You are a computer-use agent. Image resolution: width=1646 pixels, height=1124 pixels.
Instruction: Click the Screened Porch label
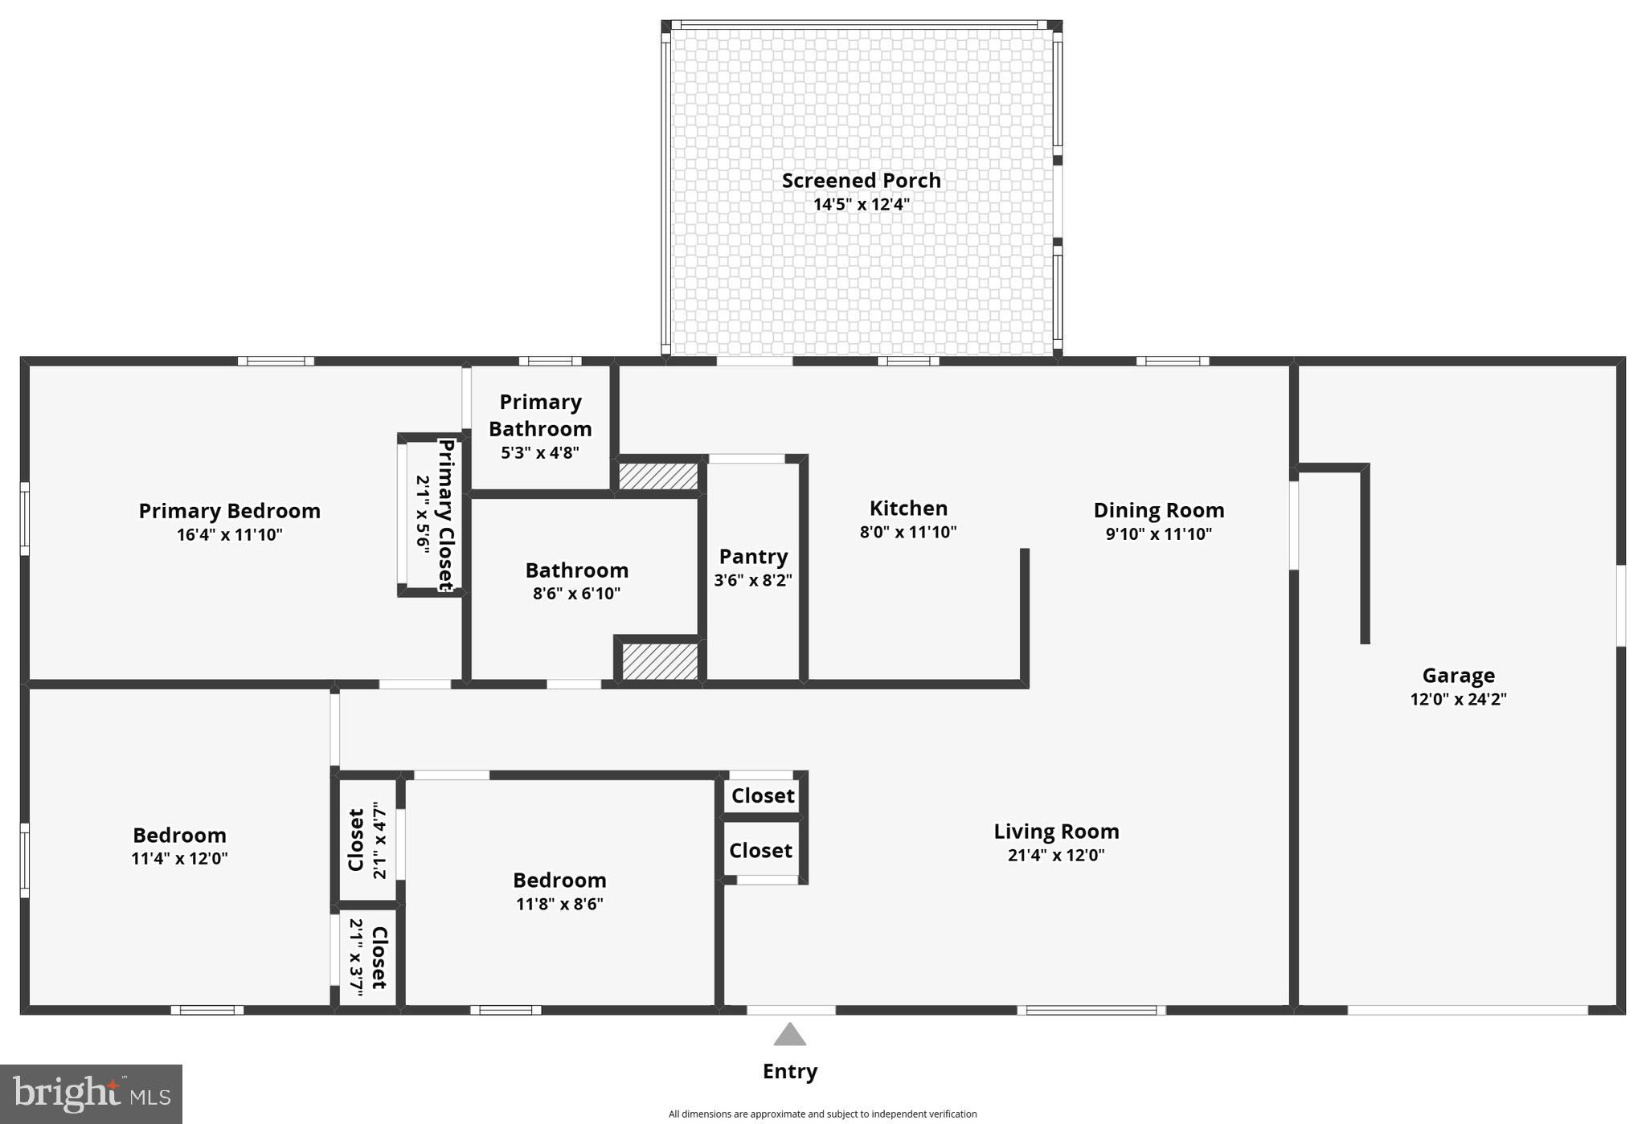coord(861,181)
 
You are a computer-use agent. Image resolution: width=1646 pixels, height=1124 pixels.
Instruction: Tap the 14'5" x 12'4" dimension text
coord(861,204)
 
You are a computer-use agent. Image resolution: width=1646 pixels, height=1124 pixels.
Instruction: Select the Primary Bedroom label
coord(229,511)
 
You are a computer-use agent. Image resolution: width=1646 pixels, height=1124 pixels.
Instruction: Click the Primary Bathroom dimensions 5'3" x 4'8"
coord(540,452)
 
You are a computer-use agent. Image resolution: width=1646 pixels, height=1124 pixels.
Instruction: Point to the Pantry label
coord(753,556)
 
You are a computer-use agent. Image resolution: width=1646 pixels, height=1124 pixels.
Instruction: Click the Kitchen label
coord(908,509)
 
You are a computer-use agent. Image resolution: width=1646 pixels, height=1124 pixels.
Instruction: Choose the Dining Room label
coord(1158,510)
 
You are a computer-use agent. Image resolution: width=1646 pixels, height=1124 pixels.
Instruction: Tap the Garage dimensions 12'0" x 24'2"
coord(1458,699)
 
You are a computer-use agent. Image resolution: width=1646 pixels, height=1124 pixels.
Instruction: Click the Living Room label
coord(1056,832)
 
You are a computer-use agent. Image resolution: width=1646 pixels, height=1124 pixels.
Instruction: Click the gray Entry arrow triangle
coord(790,1036)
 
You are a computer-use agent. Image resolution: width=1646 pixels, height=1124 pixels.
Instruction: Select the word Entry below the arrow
coord(790,1071)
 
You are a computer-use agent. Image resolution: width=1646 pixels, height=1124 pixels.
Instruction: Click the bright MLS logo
coord(91,1094)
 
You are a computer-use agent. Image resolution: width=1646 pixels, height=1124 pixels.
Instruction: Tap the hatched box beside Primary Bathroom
coord(657,476)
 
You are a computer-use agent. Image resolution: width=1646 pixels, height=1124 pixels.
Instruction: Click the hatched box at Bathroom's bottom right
coord(660,660)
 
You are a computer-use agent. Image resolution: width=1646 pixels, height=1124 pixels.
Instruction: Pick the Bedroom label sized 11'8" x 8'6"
coord(559,881)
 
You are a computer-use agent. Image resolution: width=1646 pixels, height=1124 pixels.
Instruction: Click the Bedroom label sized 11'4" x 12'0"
coord(179,836)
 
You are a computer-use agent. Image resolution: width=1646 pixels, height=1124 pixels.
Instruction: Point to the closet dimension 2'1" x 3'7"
coord(357,958)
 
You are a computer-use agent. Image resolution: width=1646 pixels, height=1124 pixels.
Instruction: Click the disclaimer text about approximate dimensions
coord(822,1114)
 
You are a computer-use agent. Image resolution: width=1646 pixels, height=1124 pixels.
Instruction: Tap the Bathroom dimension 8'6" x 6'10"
coord(576,594)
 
